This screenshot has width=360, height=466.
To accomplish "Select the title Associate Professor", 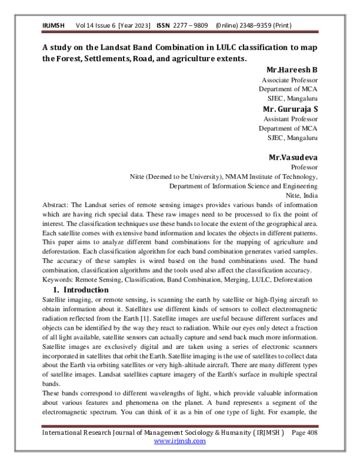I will coord(290,80).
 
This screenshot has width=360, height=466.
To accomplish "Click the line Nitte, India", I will coord(301,196).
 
